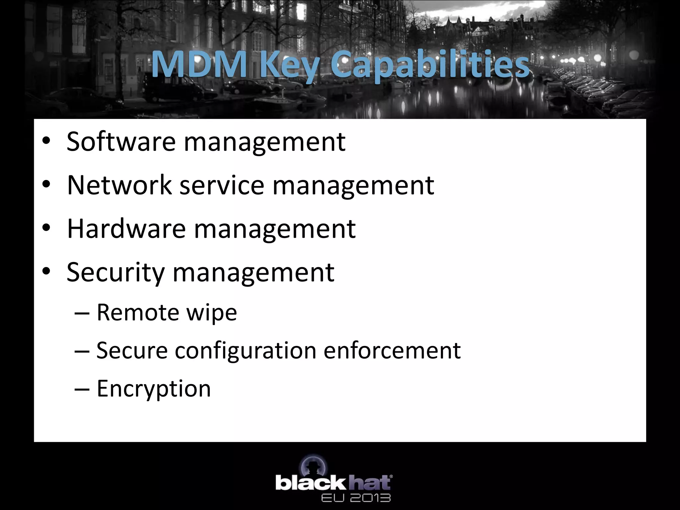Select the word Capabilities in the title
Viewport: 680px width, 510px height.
[x=430, y=65]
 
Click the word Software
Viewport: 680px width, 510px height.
[x=121, y=142]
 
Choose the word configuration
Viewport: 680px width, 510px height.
[x=245, y=351]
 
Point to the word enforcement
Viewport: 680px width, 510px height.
[x=392, y=351]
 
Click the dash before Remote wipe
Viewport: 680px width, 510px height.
[x=82, y=313]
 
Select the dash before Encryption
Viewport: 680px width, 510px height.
[x=82, y=388]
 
